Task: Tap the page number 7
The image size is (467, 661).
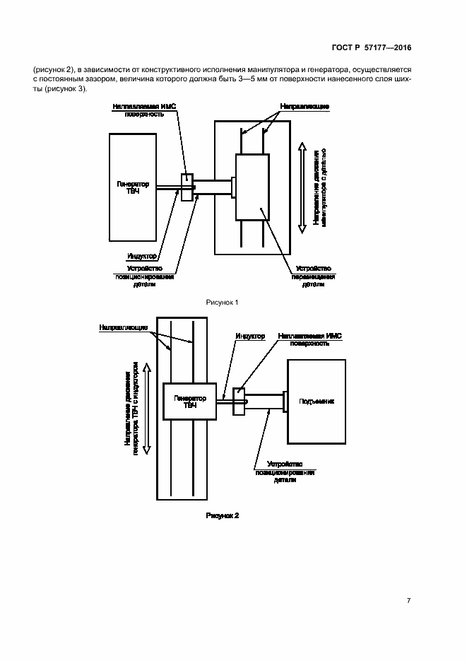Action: coord(408,600)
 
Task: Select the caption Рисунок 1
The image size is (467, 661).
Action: coord(223,302)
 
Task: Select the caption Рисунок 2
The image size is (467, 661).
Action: coord(223,516)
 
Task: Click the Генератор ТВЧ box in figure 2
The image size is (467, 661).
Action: coord(190,402)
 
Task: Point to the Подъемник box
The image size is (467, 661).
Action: coord(317,402)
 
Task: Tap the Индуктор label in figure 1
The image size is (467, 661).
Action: coord(142,256)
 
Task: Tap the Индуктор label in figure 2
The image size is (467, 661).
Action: coord(250,337)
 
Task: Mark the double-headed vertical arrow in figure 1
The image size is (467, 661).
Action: coord(301,187)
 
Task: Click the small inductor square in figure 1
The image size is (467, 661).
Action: coord(187,187)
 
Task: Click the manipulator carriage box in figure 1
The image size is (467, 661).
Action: coord(252,187)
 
